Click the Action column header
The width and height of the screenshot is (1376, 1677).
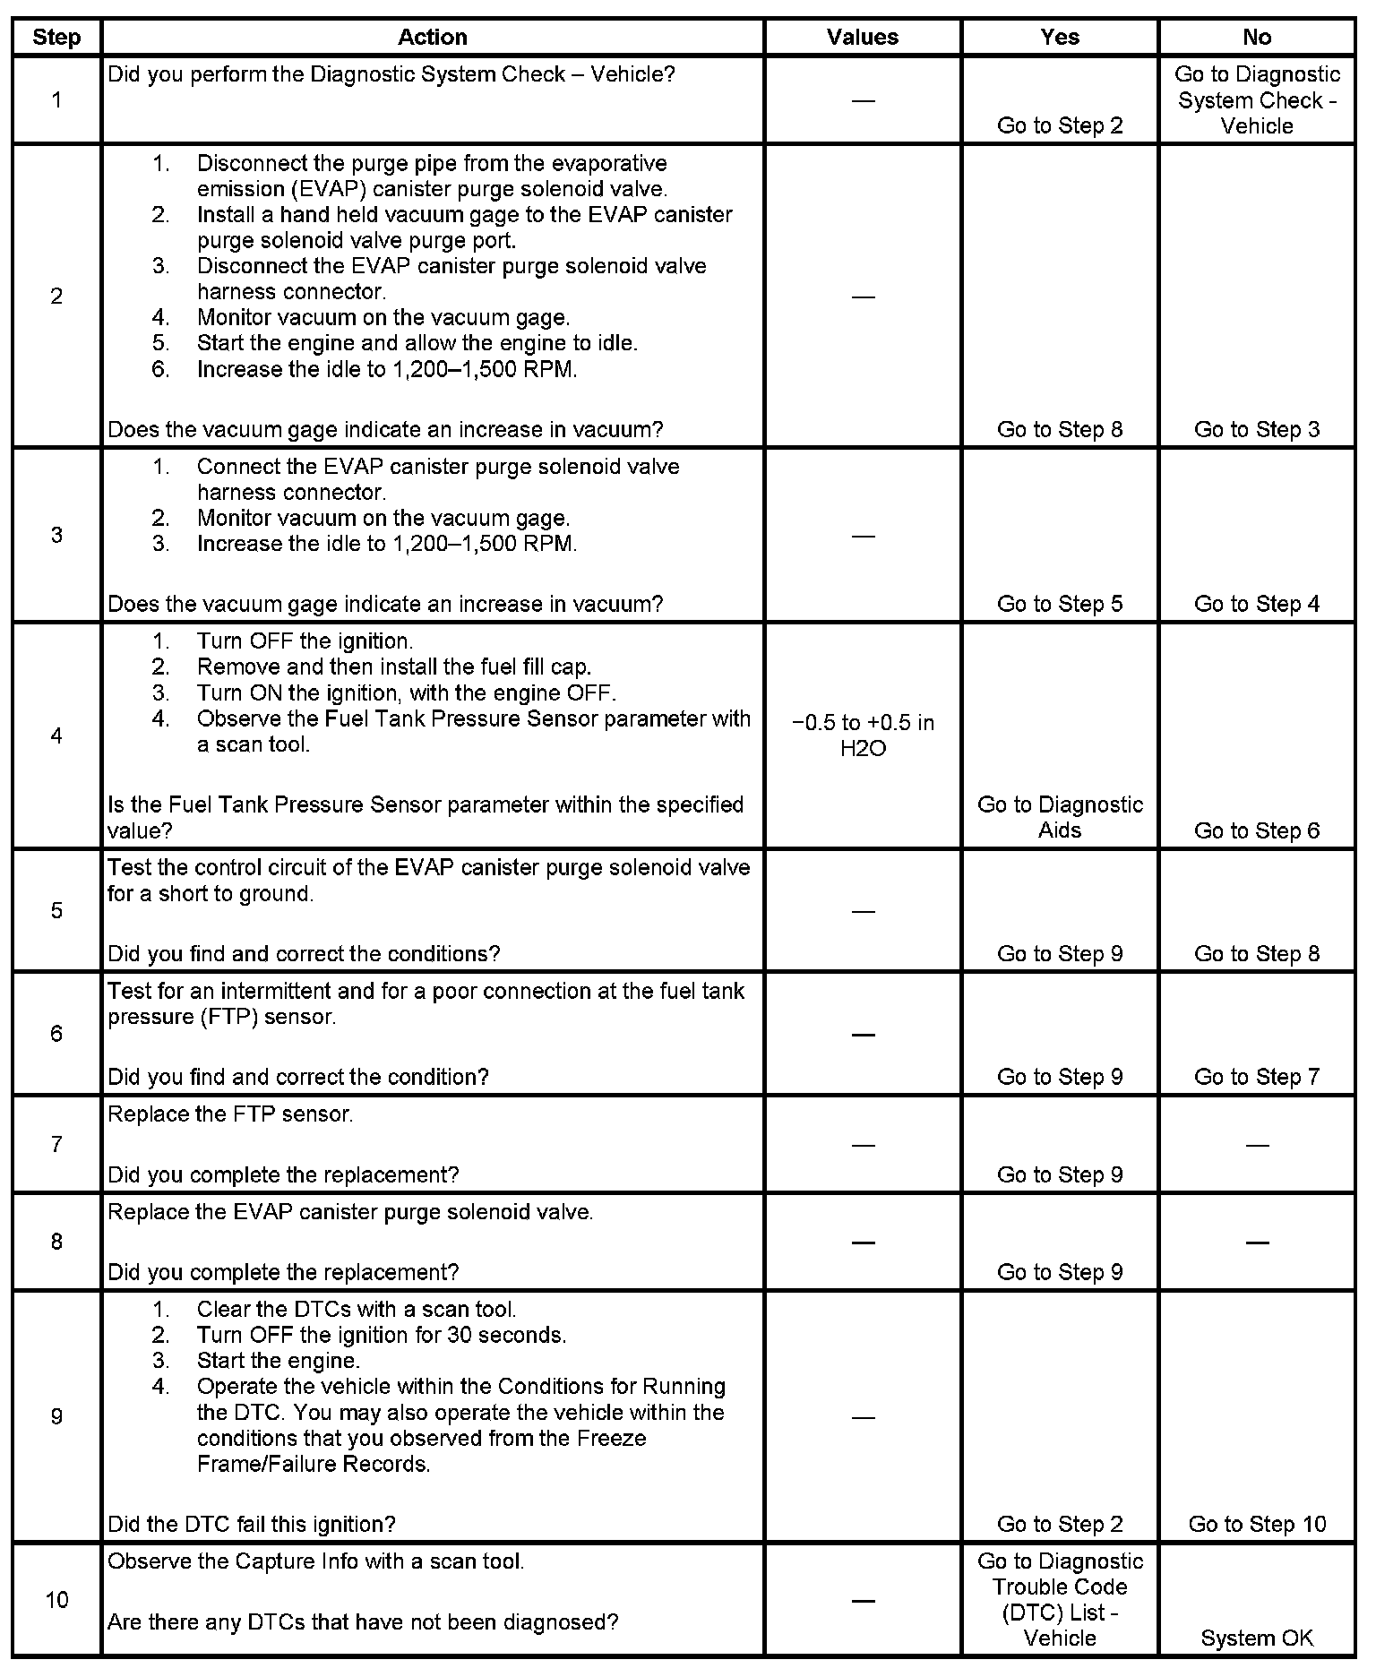[432, 37]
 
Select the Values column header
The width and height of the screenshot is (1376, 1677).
[862, 37]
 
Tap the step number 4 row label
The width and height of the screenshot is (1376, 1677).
[56, 735]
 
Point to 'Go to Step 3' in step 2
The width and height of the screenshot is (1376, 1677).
[1256, 429]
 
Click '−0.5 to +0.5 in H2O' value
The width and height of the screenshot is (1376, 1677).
[863, 735]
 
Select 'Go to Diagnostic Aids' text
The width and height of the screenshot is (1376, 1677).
[1060, 817]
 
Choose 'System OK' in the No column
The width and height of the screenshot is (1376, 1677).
[1256, 1638]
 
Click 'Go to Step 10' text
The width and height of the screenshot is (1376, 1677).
[1256, 1524]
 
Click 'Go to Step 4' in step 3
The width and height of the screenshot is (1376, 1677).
[1256, 604]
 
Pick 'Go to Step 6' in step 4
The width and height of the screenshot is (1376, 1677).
[1256, 830]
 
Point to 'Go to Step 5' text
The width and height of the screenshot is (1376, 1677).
[1060, 604]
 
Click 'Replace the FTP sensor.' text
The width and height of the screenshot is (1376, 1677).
[230, 1114]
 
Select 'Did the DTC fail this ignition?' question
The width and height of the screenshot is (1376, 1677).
[252, 1524]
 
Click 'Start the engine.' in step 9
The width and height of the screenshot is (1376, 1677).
[278, 1361]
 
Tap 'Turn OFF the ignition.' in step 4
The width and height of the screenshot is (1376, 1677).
[305, 641]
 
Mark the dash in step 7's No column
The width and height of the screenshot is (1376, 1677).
[1256, 1145]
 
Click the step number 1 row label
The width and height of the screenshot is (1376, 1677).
[56, 99]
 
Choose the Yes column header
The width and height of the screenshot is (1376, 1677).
[1060, 37]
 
